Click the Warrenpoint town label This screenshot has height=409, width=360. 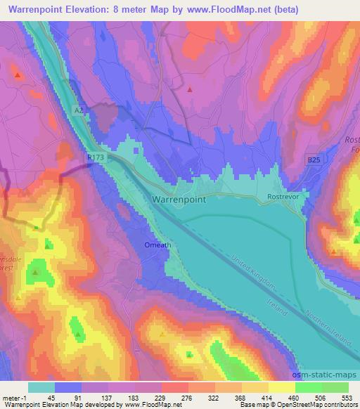pyautogui.click(x=179, y=200)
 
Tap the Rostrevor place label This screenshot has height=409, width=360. pyautogui.click(x=283, y=199)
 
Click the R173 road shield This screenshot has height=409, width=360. pyautogui.click(x=96, y=160)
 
